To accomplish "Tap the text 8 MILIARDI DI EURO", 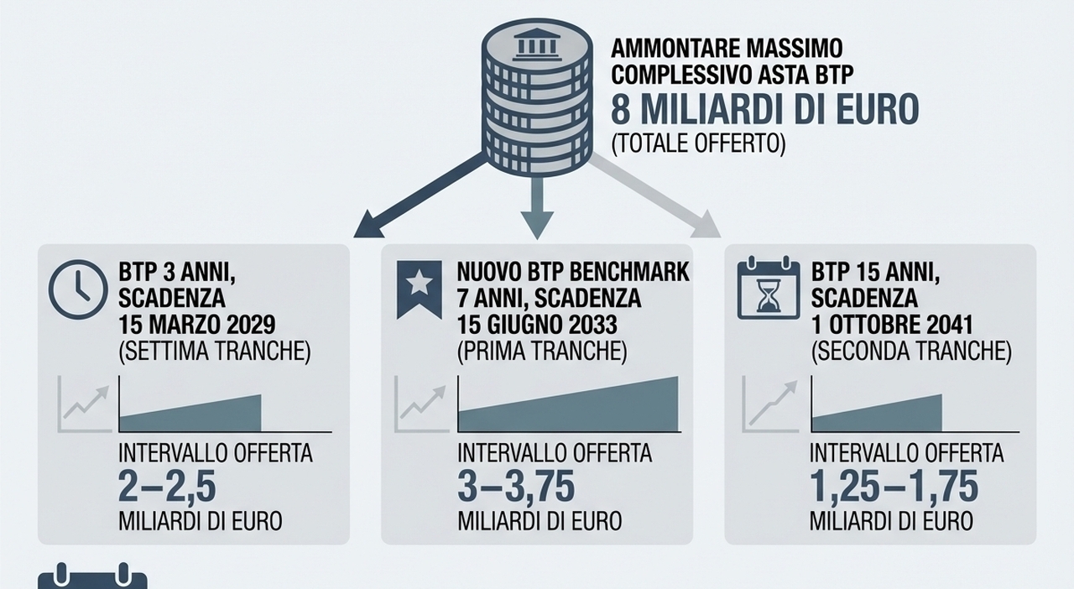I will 764,110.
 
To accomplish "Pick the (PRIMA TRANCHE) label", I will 542,352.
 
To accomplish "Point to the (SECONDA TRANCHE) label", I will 911,352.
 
